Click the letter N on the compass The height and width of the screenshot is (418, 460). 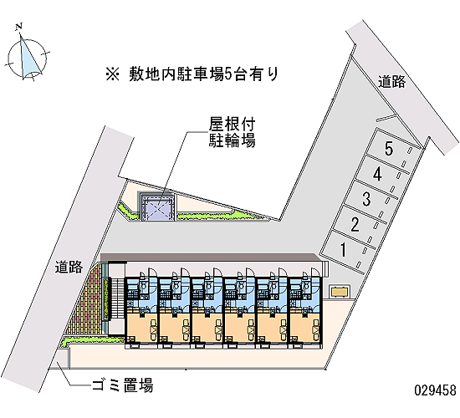[19, 27]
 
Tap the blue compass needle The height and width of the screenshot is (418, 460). [29, 59]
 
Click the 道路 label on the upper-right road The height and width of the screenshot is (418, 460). [391, 81]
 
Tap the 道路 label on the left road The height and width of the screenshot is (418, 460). [69, 267]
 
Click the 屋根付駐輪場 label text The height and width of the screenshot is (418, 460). [232, 132]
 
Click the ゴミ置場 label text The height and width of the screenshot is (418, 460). [122, 385]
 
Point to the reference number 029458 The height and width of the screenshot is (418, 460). [436, 390]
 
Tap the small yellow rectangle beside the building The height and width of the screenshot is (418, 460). [340, 292]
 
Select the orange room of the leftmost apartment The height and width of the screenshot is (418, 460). [142, 328]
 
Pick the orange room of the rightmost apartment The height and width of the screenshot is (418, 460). [305, 328]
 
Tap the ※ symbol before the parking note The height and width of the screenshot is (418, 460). [113, 74]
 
